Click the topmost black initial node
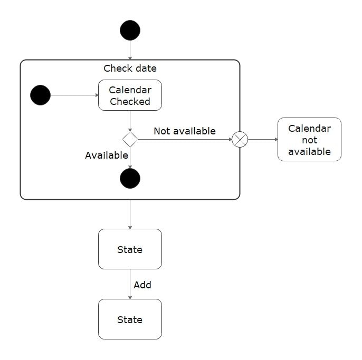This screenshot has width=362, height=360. click(x=130, y=30)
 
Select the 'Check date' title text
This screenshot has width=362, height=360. click(x=130, y=69)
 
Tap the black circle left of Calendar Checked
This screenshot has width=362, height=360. click(x=41, y=95)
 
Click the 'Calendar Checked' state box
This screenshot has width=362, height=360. click(x=130, y=95)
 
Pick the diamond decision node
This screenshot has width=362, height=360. click(x=130, y=140)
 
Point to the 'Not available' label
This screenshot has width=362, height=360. click(x=185, y=131)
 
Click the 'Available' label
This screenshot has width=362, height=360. click(x=107, y=155)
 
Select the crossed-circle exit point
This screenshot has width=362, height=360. click(x=240, y=140)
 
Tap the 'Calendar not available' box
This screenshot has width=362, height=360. click(x=309, y=140)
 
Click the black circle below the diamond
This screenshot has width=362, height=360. click(x=130, y=179)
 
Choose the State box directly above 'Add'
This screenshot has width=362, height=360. click(x=130, y=249)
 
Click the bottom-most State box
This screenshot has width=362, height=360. click(x=130, y=319)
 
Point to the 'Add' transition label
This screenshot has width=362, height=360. click(x=142, y=285)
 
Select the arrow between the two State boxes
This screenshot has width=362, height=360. click(x=130, y=285)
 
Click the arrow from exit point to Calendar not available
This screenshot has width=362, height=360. click(x=262, y=140)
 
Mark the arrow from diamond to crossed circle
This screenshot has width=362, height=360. click(x=185, y=140)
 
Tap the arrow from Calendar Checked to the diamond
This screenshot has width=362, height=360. click(x=130, y=121)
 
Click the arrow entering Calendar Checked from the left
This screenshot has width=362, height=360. click(x=74, y=95)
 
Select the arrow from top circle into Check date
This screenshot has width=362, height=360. click(x=130, y=50)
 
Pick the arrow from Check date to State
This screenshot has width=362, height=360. click(x=130, y=215)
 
